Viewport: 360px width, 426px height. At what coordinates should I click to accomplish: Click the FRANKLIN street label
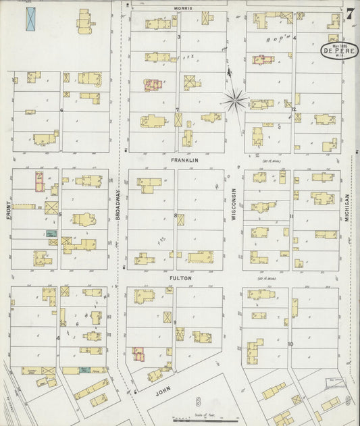184,161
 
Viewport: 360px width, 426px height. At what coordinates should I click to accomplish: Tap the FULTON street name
181,277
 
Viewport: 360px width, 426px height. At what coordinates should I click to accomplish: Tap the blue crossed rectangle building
30,19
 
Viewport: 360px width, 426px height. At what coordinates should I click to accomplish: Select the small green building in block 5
51,233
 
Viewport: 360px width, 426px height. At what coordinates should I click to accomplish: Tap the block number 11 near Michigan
291,216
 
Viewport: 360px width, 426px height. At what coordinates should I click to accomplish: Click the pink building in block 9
138,353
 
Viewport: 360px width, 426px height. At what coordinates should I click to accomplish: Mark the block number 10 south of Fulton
290,344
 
